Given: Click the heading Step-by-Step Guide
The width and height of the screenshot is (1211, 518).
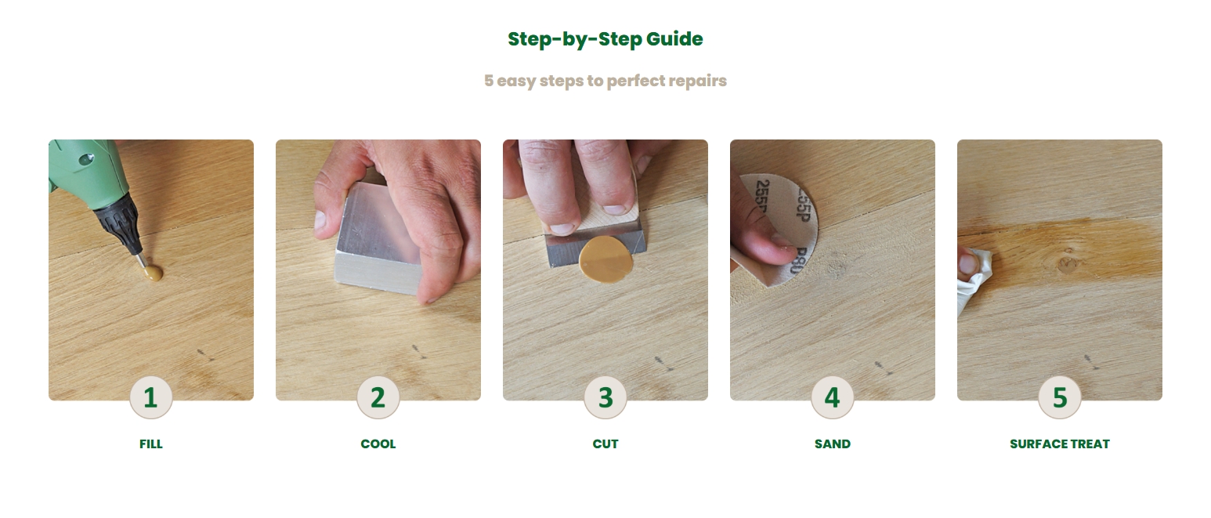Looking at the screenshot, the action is [x=605, y=39].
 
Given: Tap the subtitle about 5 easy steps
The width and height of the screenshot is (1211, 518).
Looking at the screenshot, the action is [x=605, y=81].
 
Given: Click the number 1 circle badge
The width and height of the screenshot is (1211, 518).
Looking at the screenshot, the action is [x=151, y=397].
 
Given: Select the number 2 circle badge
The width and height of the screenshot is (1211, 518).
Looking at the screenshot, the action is [x=378, y=397].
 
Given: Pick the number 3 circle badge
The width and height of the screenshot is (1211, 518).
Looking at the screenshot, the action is [x=605, y=397].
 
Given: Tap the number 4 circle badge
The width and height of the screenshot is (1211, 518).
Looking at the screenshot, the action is [x=833, y=397].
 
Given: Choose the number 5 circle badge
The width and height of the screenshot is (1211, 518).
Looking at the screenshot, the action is [x=1060, y=397].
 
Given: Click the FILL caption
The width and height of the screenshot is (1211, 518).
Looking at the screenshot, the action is [x=151, y=444].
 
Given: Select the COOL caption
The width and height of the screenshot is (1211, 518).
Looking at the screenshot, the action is [x=378, y=444].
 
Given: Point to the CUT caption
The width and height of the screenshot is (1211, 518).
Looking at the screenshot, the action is [x=605, y=444].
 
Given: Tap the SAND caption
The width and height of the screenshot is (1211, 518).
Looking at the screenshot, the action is [x=833, y=444].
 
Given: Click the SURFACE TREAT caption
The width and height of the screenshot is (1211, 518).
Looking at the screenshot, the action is [x=1060, y=444].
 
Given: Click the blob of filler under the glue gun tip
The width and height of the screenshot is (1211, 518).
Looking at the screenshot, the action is [x=154, y=273].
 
